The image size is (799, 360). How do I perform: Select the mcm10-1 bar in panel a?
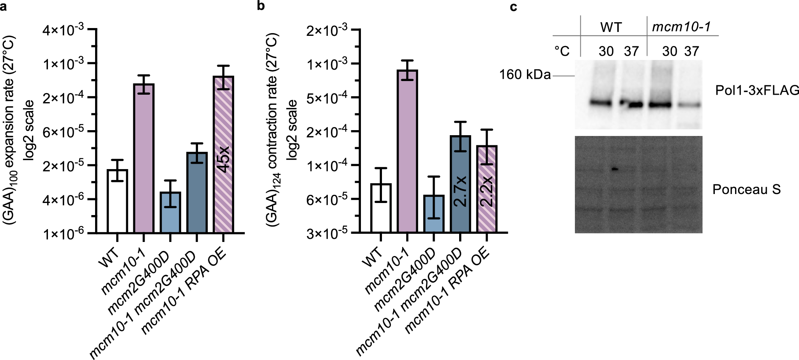[144, 158]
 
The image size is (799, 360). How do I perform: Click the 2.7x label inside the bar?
[460, 191]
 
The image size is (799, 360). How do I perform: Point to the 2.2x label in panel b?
[487, 191]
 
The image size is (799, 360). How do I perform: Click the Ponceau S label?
[746, 189]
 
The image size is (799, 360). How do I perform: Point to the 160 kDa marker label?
[525, 75]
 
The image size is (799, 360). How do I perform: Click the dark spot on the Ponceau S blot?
[615, 169]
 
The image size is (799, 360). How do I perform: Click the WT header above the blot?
[611, 27]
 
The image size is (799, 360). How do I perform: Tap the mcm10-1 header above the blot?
[681, 27]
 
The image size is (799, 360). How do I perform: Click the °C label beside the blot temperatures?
[562, 51]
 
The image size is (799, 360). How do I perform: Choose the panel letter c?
[514, 7]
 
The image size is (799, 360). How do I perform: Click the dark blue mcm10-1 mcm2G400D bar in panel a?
[197, 192]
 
